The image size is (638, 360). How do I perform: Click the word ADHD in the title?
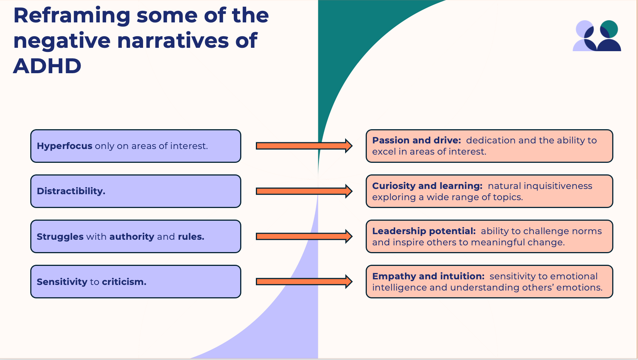tap(47, 66)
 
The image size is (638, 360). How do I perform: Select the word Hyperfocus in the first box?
tap(64, 146)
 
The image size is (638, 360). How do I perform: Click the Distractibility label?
tap(71, 191)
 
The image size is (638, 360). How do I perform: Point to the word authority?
tap(131, 237)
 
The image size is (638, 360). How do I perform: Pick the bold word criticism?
tap(124, 282)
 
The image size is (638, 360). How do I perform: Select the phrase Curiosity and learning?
tap(427, 186)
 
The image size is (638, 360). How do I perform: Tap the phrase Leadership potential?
tap(424, 231)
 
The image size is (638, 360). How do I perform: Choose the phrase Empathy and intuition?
tap(428, 276)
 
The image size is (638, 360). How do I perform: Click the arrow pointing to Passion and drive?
tap(304, 146)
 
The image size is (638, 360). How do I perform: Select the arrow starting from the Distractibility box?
tap(304, 191)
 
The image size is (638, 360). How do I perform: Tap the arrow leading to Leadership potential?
tap(304, 236)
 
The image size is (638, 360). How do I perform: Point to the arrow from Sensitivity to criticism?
tap(304, 282)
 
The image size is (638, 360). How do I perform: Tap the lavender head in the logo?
tap(585, 29)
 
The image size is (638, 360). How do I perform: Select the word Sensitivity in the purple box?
tap(62, 282)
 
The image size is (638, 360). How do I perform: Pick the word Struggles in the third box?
tap(60, 237)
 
